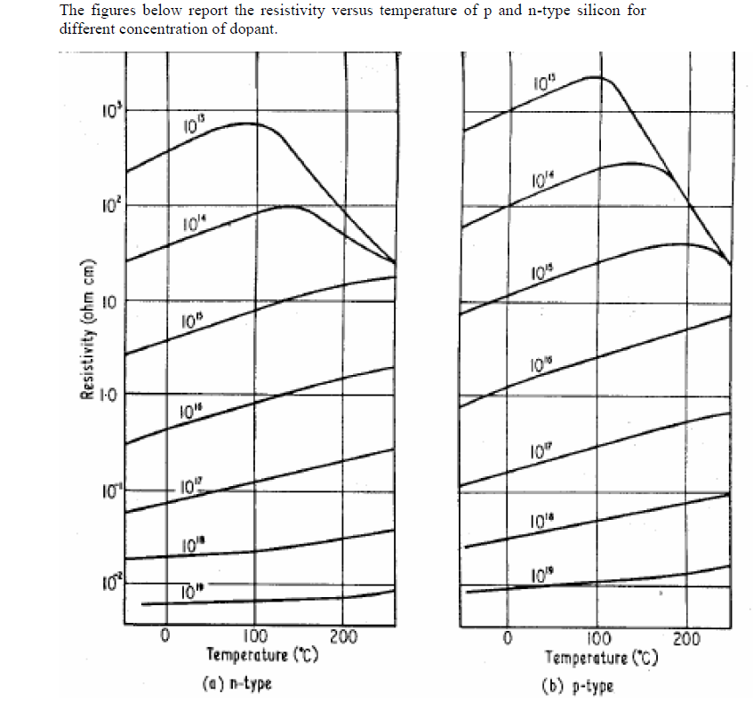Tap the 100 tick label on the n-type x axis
[254, 636]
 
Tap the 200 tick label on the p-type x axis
[686, 638]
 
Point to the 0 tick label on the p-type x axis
[508, 638]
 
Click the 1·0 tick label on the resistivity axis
[106, 394]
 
